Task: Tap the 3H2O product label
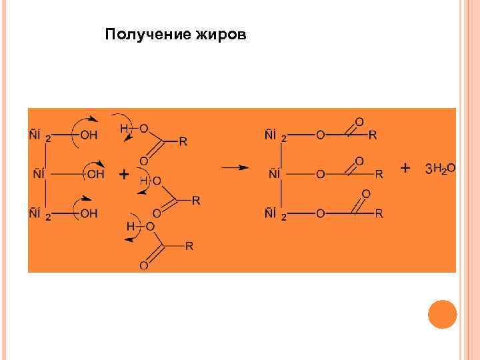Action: (440, 169)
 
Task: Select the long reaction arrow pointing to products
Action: (235, 168)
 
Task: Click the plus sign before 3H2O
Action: (405, 168)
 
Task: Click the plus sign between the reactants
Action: (124, 174)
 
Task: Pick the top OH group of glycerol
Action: (89, 136)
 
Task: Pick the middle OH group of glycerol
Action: (96, 174)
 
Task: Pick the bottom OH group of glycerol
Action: (89, 213)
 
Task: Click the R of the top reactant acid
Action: (183, 141)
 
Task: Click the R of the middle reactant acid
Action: (195, 200)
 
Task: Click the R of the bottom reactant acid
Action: (189, 247)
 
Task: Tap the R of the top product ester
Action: (373, 135)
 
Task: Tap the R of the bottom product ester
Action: (379, 213)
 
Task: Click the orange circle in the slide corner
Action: (442, 314)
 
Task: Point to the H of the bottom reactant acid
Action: (130, 227)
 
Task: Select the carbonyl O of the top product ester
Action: (359, 121)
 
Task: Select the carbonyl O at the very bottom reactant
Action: (143, 266)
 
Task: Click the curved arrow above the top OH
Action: (85, 121)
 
